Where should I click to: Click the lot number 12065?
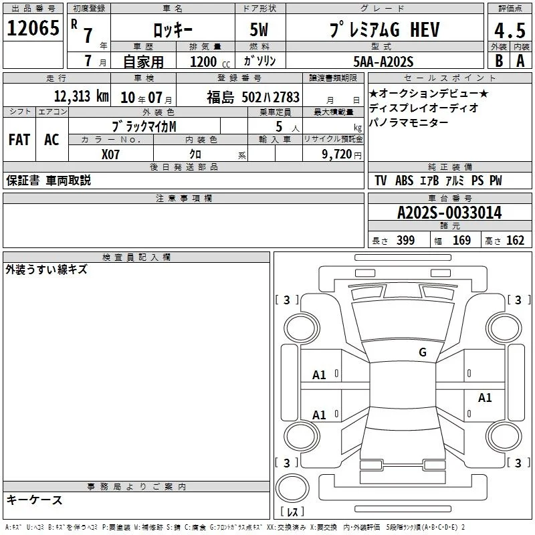[x=33, y=28]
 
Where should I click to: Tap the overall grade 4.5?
[x=510, y=30]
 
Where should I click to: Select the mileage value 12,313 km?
[x=82, y=96]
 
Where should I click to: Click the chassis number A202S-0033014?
[x=449, y=213]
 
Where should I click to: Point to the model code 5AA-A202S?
[x=383, y=62]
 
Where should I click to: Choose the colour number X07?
[x=110, y=154]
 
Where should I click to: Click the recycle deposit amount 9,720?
[x=337, y=154]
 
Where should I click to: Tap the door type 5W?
[x=259, y=29]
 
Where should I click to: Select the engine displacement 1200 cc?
[x=210, y=62]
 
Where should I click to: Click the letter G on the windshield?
[x=423, y=352]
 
